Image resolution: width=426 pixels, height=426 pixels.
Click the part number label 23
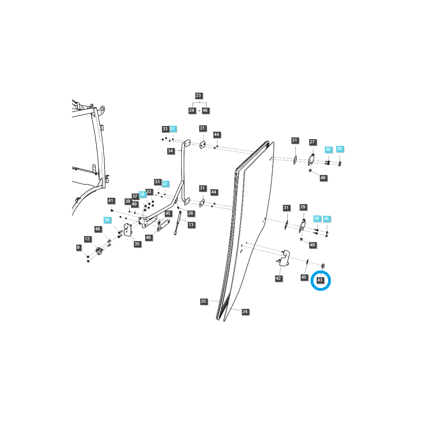[198, 95]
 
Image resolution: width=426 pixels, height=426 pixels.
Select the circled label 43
[320, 280]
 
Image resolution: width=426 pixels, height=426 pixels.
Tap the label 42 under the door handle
[278, 278]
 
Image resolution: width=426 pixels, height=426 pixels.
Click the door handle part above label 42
[284, 258]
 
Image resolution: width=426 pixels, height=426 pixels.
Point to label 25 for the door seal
[203, 301]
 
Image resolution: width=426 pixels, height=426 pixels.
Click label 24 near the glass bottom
[245, 312]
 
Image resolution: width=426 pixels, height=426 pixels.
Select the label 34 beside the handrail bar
[170, 151]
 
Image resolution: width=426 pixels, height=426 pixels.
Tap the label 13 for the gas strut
[191, 225]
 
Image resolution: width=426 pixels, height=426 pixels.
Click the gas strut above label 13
[177, 223]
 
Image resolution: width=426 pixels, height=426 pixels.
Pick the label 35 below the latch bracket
[137, 244]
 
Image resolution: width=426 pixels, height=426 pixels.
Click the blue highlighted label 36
[107, 220]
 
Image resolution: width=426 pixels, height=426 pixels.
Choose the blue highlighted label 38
[142, 194]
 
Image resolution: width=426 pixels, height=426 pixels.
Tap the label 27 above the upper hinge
[312, 142]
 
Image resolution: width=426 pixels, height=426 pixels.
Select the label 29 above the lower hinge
[302, 207]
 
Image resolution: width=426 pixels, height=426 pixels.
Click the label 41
[111, 201]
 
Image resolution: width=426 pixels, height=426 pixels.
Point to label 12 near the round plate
[87, 239]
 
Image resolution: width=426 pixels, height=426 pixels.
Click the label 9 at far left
[78, 247]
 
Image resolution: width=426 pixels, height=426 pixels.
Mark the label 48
[98, 229]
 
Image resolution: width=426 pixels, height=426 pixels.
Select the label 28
[191, 213]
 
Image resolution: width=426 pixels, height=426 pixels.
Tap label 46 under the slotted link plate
[148, 237]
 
